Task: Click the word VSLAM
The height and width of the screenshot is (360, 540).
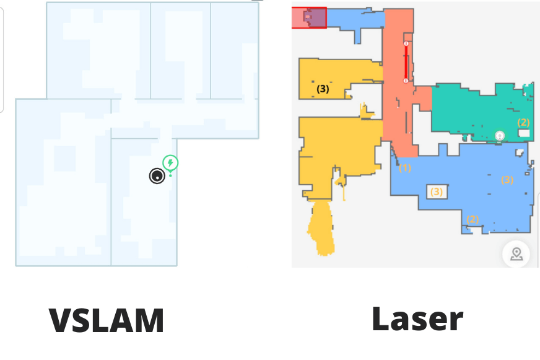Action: point(107,321)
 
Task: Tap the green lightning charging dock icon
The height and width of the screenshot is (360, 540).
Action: point(171,163)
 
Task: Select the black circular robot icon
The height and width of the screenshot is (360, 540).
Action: point(157,176)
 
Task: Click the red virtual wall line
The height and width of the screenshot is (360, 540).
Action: point(406,62)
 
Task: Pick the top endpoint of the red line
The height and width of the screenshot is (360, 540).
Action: point(406,44)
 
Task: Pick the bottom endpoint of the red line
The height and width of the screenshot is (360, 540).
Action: point(406,81)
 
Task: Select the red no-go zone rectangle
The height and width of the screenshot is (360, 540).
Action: point(308,18)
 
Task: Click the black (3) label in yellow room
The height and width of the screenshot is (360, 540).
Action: point(323,89)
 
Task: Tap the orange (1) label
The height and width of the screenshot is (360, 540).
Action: point(405,167)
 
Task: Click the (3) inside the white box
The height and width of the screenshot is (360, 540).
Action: point(437,191)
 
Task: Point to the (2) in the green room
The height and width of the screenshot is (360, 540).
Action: point(524,122)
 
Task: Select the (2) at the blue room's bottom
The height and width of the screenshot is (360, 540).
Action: point(472,219)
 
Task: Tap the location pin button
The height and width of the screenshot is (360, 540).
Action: point(516,253)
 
